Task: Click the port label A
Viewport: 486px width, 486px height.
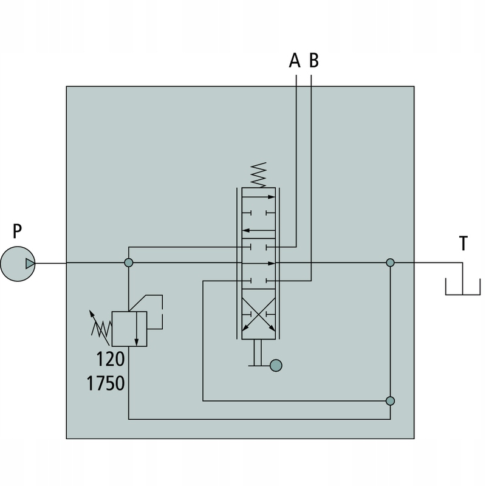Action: [295, 60]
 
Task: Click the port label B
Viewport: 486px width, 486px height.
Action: [313, 60]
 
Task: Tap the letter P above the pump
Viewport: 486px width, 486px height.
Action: [18, 231]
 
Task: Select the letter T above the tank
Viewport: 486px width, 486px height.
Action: [463, 244]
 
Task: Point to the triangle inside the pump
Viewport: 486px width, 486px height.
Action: [30, 264]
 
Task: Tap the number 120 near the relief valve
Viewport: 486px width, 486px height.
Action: [111, 359]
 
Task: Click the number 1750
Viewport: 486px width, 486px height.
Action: [105, 383]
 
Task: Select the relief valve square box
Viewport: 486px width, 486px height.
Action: [129, 329]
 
